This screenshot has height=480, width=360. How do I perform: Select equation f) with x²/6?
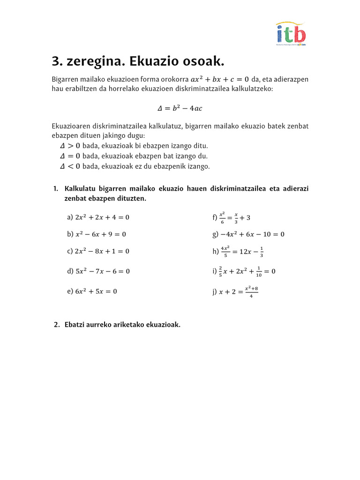(x=232, y=217)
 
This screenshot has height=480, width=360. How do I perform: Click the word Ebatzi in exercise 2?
(x=76, y=325)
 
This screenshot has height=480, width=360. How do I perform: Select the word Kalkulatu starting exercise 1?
(x=80, y=189)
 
